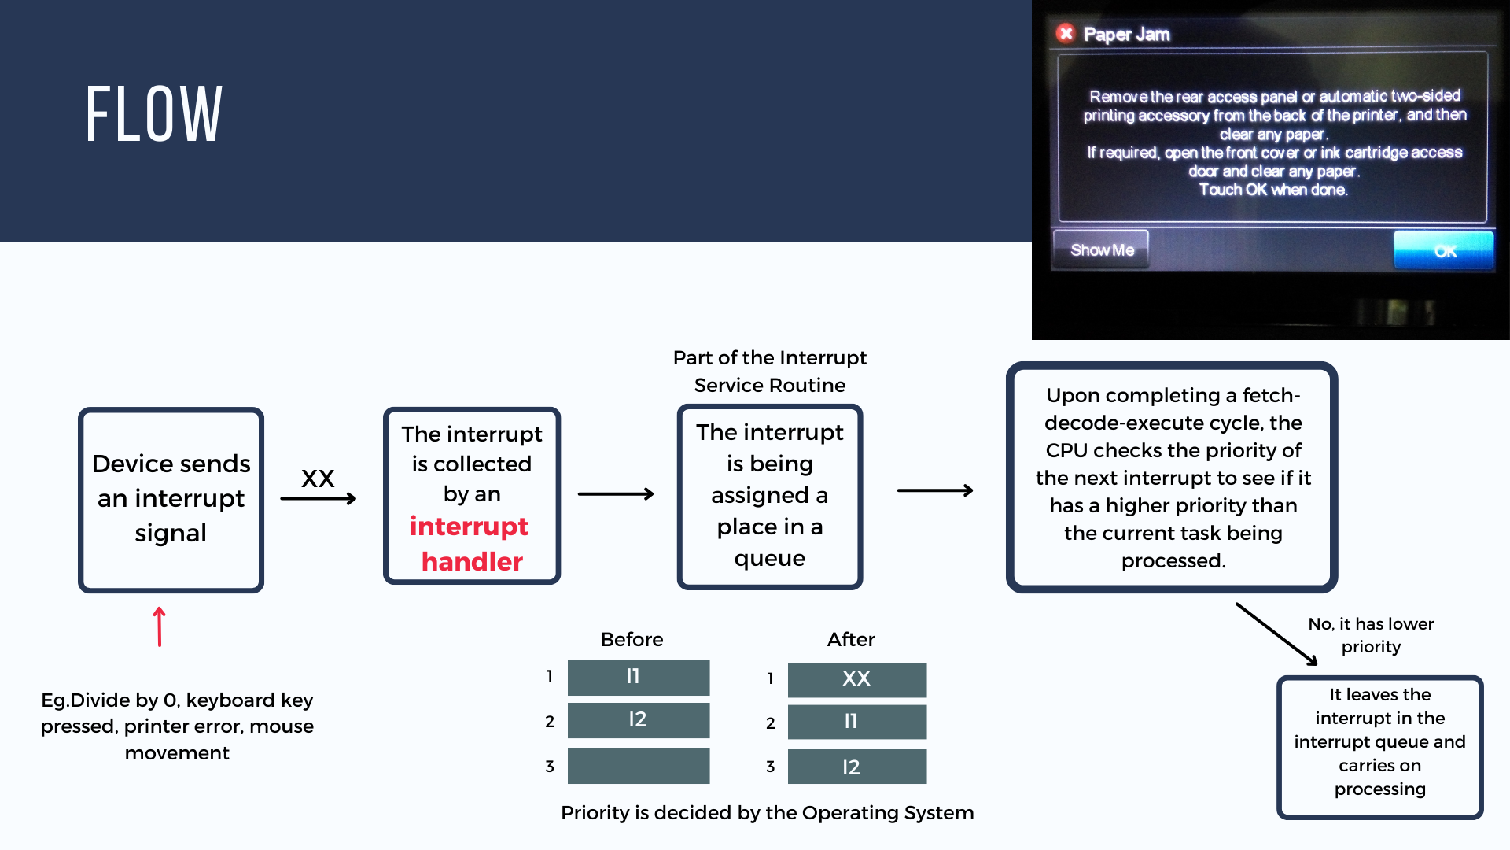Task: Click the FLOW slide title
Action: pyautogui.click(x=154, y=115)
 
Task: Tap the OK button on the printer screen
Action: pyautogui.click(x=1443, y=250)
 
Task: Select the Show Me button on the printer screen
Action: pyautogui.click(x=1101, y=249)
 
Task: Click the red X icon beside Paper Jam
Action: pyautogui.click(x=1066, y=33)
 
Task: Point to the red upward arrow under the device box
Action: pyautogui.click(x=160, y=626)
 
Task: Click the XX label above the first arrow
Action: pyautogui.click(x=318, y=478)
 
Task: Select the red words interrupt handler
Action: pyautogui.click(x=470, y=543)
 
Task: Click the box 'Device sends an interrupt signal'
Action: pyautogui.click(x=171, y=499)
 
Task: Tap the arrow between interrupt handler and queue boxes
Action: pyautogui.click(x=616, y=494)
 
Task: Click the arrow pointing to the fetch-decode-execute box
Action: pyautogui.click(x=935, y=490)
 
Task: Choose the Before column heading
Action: pyautogui.click(x=632, y=639)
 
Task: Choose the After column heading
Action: pyautogui.click(x=851, y=639)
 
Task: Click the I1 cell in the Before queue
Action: pyautogui.click(x=638, y=677)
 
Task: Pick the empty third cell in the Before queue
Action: pyautogui.click(x=638, y=766)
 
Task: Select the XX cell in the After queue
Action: pyautogui.click(x=856, y=679)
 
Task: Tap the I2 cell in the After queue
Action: pyautogui.click(x=856, y=767)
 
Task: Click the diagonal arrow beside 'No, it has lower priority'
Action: pyautogui.click(x=1276, y=634)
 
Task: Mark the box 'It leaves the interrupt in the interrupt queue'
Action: pyautogui.click(x=1379, y=747)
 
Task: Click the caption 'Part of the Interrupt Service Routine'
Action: pyautogui.click(x=769, y=371)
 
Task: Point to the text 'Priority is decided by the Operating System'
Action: pyautogui.click(x=767, y=812)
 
